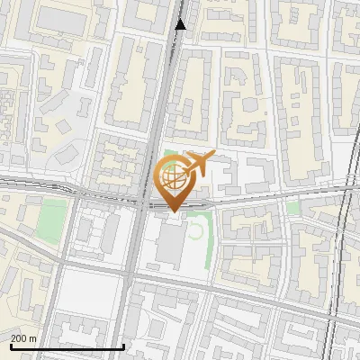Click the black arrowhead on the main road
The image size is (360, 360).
[181, 24]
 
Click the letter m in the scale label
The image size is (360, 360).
[34, 338]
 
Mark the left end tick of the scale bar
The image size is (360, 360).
[10, 345]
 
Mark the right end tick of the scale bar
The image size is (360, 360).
[122, 345]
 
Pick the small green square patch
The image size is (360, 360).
[292, 209]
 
